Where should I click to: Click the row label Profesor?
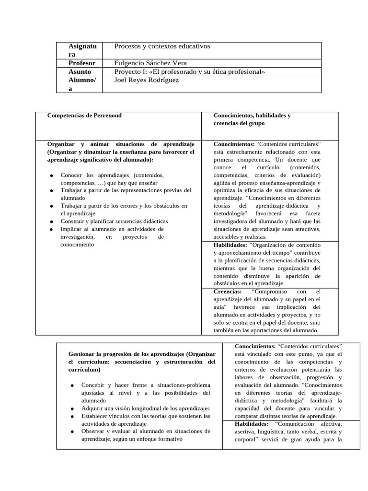coord(82,63)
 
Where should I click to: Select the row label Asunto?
coord(80,71)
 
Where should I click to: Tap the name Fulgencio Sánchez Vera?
coord(151,63)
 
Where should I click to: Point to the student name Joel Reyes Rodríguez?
coord(147,80)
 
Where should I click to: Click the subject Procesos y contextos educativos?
coord(162,46)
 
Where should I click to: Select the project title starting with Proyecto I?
coord(190,71)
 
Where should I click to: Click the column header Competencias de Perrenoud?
coord(84,116)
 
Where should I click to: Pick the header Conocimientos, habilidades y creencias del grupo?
coord(252,119)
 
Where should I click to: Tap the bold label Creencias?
coord(228,292)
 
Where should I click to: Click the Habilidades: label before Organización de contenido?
coord(230,245)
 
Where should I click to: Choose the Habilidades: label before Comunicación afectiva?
coord(252,424)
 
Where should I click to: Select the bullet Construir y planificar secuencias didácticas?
coord(114,221)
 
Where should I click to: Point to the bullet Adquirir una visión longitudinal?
coord(146,408)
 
